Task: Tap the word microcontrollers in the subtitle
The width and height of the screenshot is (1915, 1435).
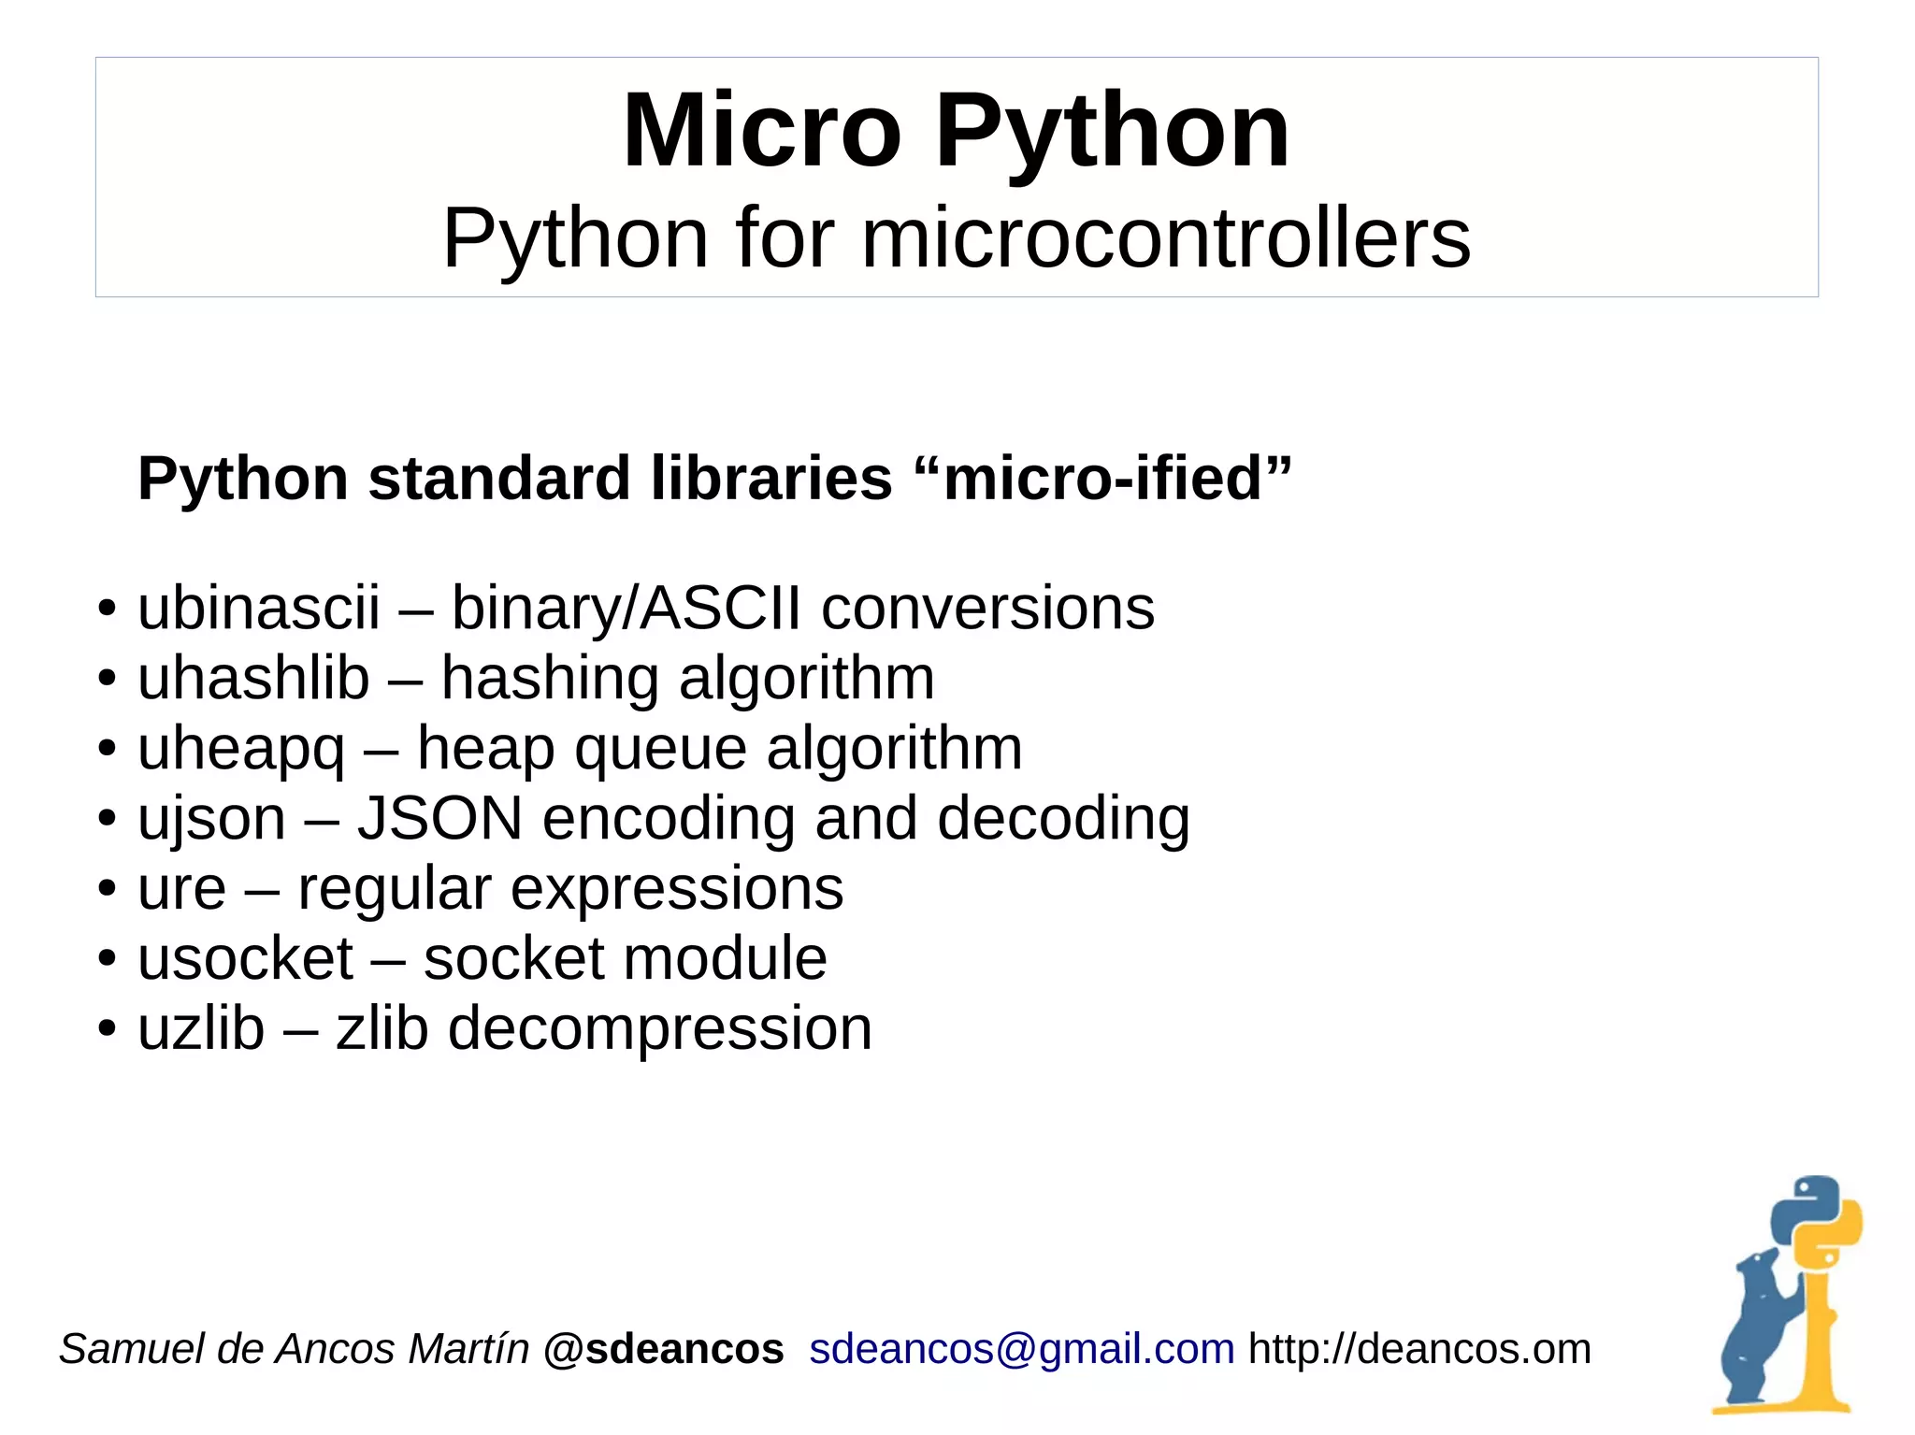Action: click(1165, 238)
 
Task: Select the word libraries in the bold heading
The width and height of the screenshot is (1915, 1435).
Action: click(771, 479)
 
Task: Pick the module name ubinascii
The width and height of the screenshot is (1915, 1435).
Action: click(259, 608)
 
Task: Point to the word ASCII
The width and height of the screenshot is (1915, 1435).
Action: click(721, 608)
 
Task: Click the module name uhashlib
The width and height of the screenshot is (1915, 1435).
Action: click(253, 678)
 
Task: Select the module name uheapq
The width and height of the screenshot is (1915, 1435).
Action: click(241, 748)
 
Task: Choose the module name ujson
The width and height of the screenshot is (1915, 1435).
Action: click(211, 818)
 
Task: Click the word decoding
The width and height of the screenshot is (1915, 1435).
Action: click(1063, 818)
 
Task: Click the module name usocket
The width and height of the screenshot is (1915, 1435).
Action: click(246, 958)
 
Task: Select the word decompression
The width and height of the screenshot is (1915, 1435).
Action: click(660, 1028)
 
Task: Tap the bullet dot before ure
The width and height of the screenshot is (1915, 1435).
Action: click(108, 888)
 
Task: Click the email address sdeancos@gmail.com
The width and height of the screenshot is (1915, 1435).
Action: click(1022, 1349)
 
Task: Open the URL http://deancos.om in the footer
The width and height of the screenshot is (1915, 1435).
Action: click(1419, 1349)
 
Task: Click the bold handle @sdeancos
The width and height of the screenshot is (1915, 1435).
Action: click(663, 1349)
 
